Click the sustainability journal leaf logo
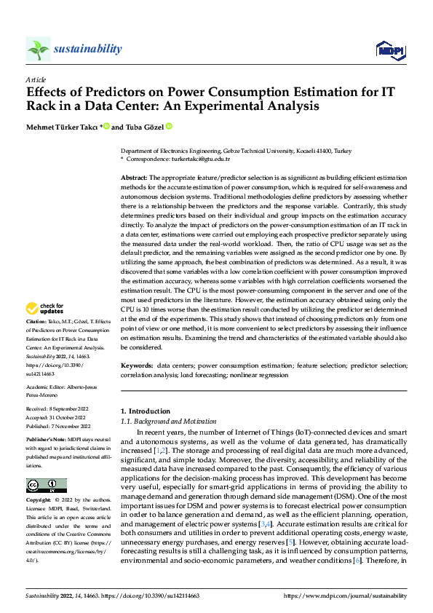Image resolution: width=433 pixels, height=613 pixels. point(38,50)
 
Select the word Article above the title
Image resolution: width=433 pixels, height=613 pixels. point(36,79)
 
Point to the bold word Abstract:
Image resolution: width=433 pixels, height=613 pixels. point(134,178)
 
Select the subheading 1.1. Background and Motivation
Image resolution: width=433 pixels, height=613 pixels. point(168,422)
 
